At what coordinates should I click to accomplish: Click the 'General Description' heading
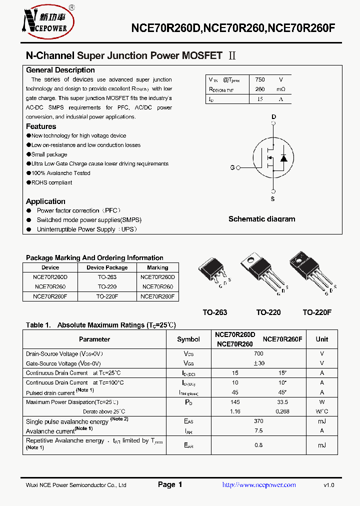point(60,70)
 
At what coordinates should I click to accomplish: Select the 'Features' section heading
point(41,126)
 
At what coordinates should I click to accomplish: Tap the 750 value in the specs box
point(260,79)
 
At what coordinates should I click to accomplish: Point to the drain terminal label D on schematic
point(273,117)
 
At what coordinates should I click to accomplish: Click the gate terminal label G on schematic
point(232,167)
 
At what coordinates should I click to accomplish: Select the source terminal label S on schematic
point(273,199)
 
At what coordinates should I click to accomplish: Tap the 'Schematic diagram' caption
point(261,219)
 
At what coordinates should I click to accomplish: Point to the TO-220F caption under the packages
point(317,312)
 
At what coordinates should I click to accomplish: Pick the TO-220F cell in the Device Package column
point(107,296)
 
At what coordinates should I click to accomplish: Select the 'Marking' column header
point(157,267)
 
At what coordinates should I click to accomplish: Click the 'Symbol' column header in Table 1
point(188,339)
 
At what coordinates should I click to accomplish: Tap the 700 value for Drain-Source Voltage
point(258,353)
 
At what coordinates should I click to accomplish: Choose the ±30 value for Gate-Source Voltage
point(258,363)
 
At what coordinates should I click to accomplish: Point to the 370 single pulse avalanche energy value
point(258,421)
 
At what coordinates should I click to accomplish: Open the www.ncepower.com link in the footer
point(258,485)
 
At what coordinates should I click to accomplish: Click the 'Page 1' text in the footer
point(170,484)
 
